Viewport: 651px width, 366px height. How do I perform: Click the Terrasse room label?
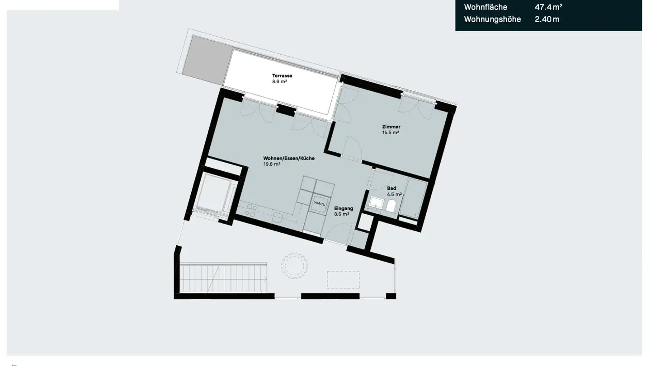coord(282,75)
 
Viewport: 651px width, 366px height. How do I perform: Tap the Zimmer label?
coord(391,127)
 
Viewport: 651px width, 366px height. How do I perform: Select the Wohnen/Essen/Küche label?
coord(289,159)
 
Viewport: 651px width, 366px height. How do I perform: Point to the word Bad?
coord(392,188)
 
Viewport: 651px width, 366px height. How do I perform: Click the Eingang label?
coord(344,208)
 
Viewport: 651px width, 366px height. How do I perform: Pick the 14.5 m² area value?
coord(391,133)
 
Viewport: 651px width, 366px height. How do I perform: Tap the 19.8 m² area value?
coord(272,164)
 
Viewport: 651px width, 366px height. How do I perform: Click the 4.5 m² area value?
coord(394,194)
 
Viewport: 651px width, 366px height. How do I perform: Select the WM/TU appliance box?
coord(320,204)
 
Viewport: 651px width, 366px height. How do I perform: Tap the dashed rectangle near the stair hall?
coord(343,280)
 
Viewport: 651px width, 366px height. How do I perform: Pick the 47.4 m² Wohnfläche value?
coord(548,7)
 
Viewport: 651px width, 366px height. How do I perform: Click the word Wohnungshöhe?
coord(492,19)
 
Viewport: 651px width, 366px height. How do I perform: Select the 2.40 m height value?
coord(547,19)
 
